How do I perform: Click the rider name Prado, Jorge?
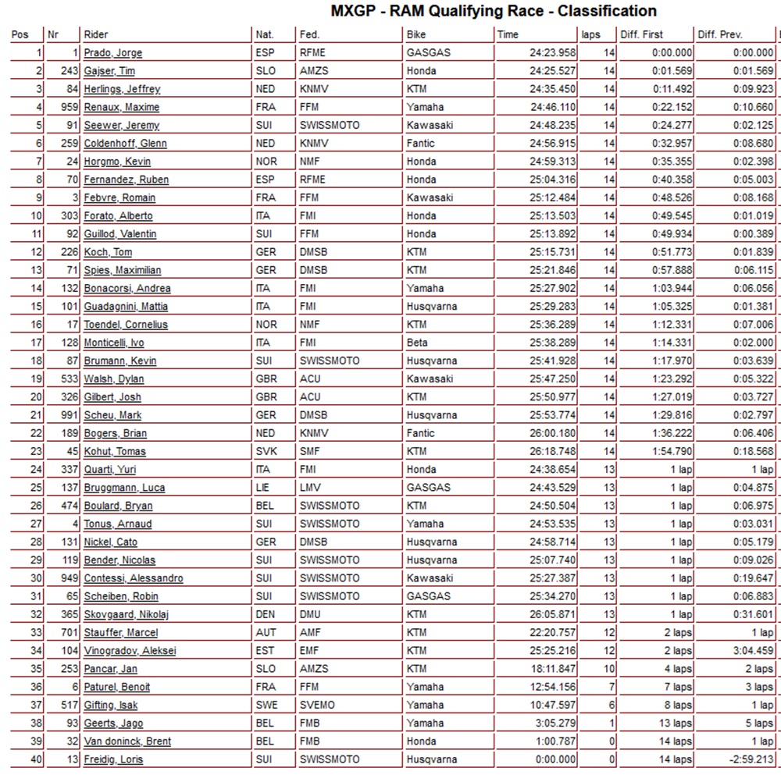pyautogui.click(x=112, y=53)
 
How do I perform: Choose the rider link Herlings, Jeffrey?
pyautogui.click(x=122, y=89)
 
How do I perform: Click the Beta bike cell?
pyautogui.click(x=417, y=343)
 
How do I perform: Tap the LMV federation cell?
pyautogui.click(x=310, y=488)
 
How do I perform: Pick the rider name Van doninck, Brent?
pyautogui.click(x=127, y=741)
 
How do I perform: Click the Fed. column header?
pyautogui.click(x=310, y=35)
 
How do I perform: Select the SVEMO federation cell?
pyautogui.click(x=317, y=705)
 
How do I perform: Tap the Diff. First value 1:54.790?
pyautogui.click(x=671, y=451)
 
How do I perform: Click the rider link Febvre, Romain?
pyautogui.click(x=119, y=197)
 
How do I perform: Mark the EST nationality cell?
pyautogui.click(x=264, y=651)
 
